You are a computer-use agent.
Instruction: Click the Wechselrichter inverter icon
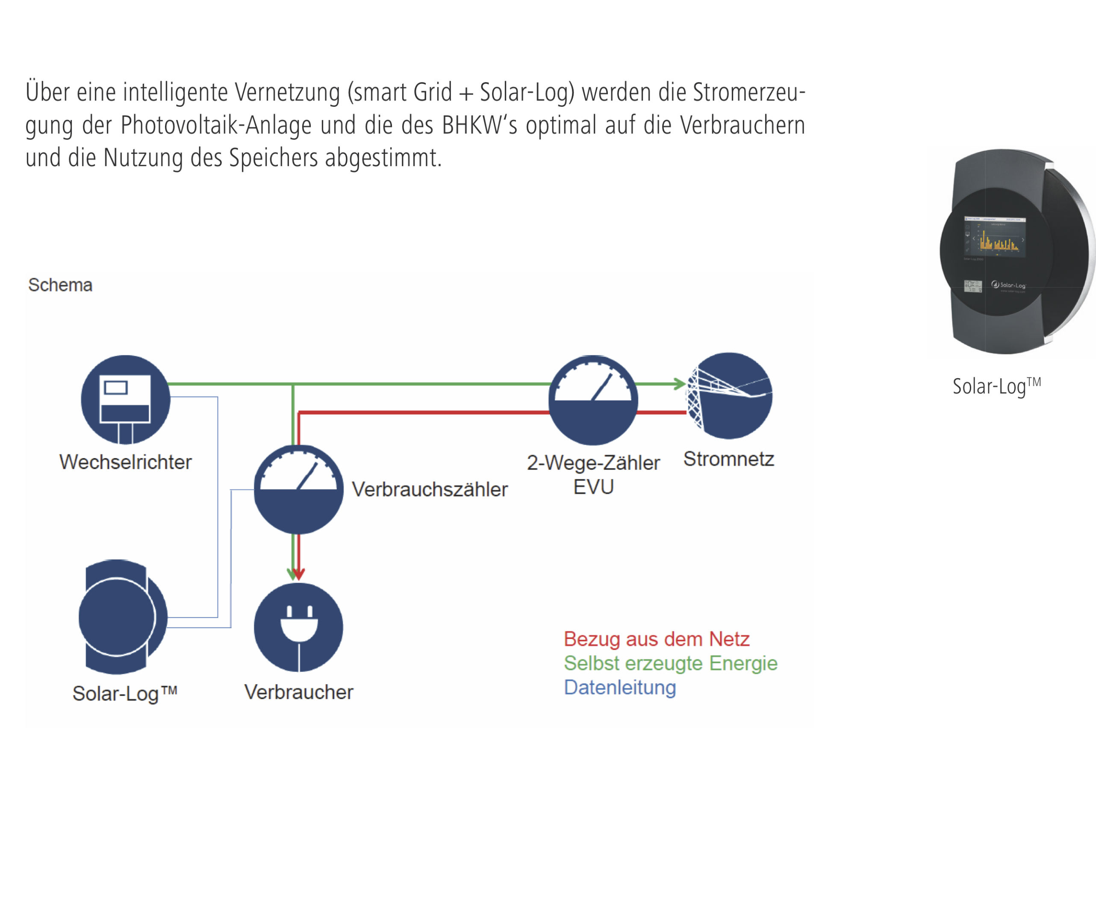pos(125,400)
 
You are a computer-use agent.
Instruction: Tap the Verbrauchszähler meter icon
pos(298,489)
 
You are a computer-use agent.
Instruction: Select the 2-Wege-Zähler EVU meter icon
pos(593,400)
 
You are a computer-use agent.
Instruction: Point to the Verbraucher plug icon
pos(298,627)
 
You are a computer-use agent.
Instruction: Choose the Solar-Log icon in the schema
pos(122,617)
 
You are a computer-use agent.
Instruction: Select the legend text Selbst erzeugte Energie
pos(671,663)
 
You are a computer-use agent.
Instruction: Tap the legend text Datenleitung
pos(620,687)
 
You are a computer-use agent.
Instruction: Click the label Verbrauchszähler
pos(430,489)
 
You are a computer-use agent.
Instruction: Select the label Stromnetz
pos(728,459)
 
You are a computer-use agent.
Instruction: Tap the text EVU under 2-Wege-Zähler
pos(593,487)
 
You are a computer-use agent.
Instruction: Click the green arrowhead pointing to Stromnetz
pos(680,384)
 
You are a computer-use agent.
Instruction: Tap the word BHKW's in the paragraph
pos(480,125)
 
